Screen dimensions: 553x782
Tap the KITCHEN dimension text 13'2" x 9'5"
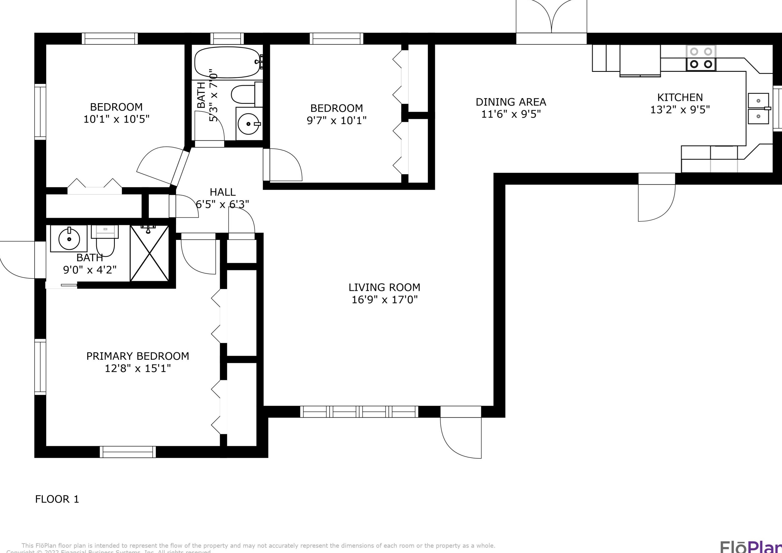click(x=680, y=110)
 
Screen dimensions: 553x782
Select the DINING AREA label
click(x=511, y=102)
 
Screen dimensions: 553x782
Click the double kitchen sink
click(x=758, y=109)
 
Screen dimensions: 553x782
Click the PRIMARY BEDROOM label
click(x=137, y=356)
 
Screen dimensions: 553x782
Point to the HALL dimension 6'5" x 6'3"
click(x=222, y=204)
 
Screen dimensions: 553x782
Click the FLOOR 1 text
click(x=57, y=499)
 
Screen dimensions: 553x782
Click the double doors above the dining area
click(x=551, y=17)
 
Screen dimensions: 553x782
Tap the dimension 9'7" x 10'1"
click(x=336, y=121)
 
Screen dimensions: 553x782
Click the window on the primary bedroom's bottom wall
click(x=128, y=452)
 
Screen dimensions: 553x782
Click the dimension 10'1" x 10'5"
click(x=116, y=119)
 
